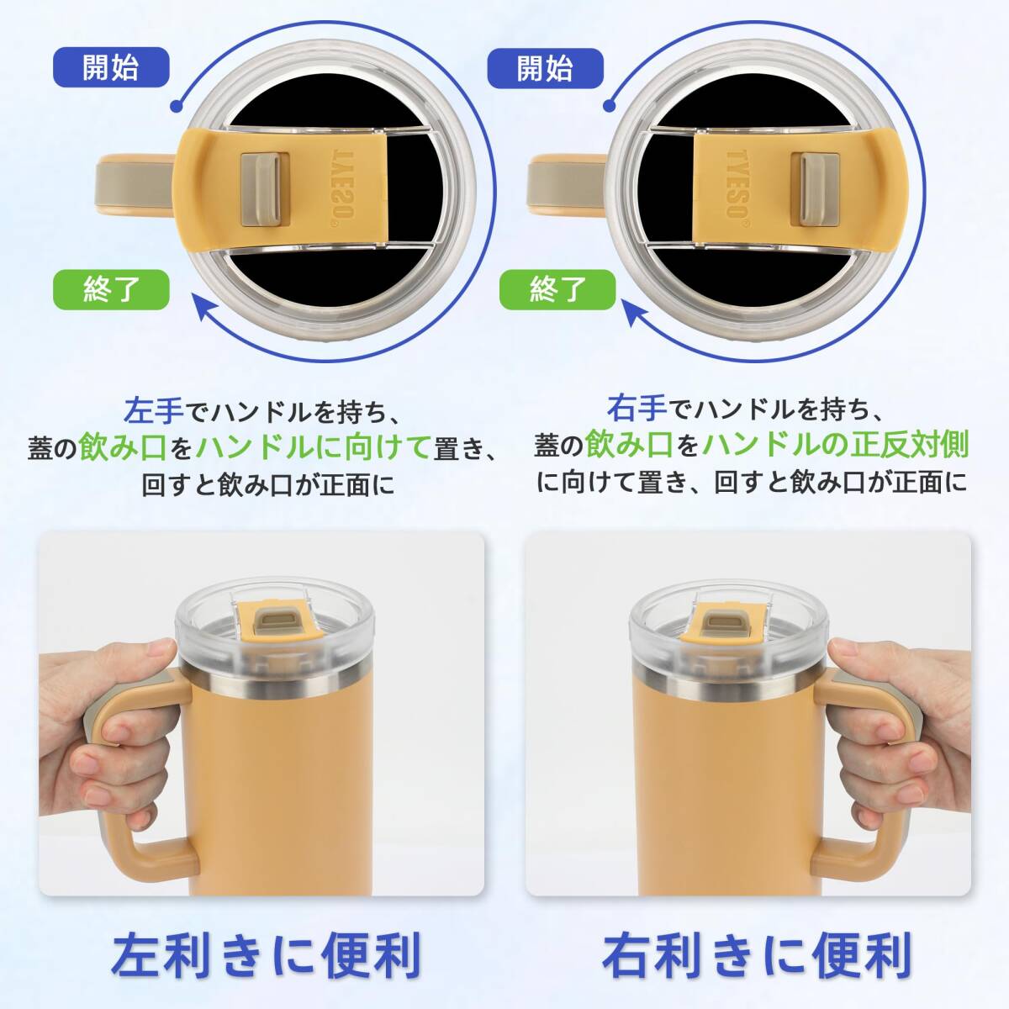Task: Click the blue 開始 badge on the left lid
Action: (x=111, y=67)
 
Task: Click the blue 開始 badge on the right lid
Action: (x=546, y=67)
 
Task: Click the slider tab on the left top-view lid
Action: (x=260, y=178)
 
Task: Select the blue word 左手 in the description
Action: (x=153, y=410)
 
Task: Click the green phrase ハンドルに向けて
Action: (x=314, y=446)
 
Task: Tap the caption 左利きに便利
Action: (x=266, y=954)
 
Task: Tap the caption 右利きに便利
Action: (x=757, y=954)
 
